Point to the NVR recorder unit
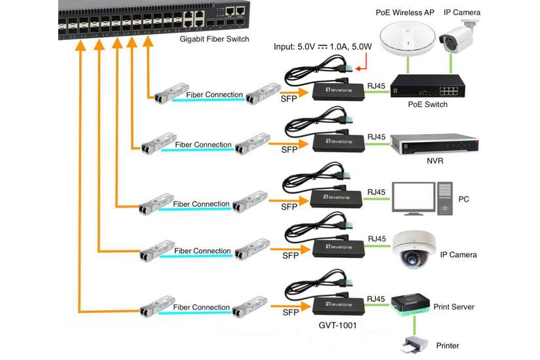click(434, 143)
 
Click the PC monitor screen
click(413, 196)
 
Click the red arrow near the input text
click(359, 65)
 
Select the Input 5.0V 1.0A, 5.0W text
click(324, 47)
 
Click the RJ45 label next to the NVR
click(376, 136)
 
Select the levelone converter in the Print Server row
click(337, 304)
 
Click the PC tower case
click(445, 198)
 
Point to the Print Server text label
click(454, 307)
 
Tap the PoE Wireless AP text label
click(405, 12)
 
